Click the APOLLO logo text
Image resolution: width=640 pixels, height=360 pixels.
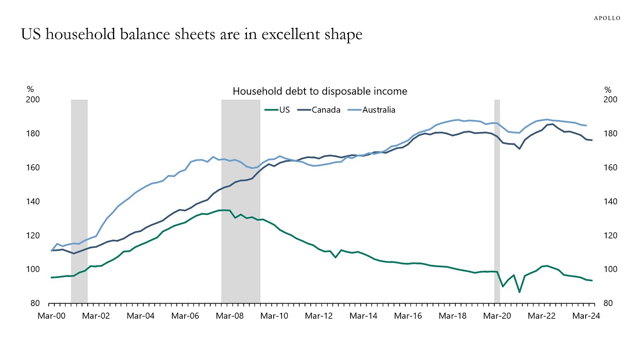607,18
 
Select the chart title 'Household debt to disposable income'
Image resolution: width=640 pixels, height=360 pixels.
320,91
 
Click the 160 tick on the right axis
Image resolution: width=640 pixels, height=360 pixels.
609,168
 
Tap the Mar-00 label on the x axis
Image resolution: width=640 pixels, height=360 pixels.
51,316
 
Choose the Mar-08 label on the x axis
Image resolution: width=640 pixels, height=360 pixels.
230,316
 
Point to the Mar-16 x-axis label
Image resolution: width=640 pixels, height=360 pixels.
408,316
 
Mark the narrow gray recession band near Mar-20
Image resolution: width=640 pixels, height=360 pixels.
497,202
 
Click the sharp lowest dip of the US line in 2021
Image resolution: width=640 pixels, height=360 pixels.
520,292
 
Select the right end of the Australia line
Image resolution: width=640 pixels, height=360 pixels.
587,126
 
